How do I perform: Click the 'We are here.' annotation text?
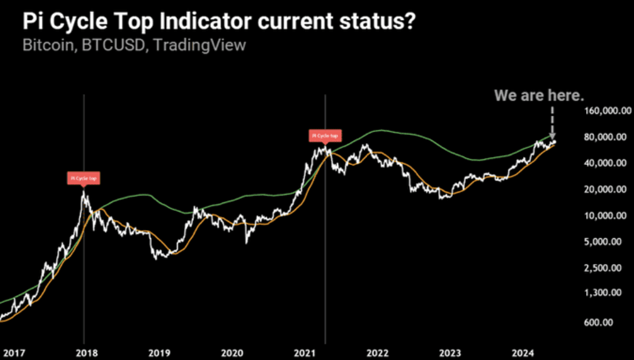[539, 95]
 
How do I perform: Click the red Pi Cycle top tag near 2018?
[82, 178]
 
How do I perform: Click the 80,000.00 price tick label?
[605, 138]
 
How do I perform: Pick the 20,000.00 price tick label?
[605, 190]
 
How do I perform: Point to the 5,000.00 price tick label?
[607, 242]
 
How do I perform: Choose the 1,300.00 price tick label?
[607, 293]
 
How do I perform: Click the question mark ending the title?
[409, 22]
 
